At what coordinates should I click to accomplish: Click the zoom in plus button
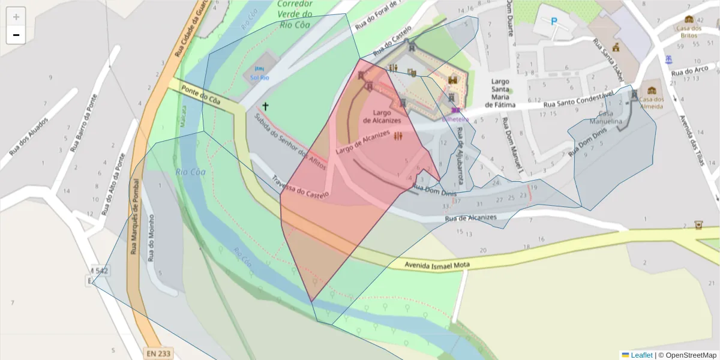click(x=16, y=17)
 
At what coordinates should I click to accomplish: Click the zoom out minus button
click(x=16, y=35)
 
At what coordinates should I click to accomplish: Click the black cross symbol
click(x=265, y=106)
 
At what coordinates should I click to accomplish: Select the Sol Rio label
click(x=259, y=78)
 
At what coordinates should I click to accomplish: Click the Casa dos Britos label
click(x=688, y=32)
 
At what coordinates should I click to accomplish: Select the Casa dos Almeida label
click(x=651, y=103)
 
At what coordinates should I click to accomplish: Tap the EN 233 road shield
click(x=158, y=353)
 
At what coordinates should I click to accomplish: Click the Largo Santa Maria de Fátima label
click(x=500, y=93)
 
